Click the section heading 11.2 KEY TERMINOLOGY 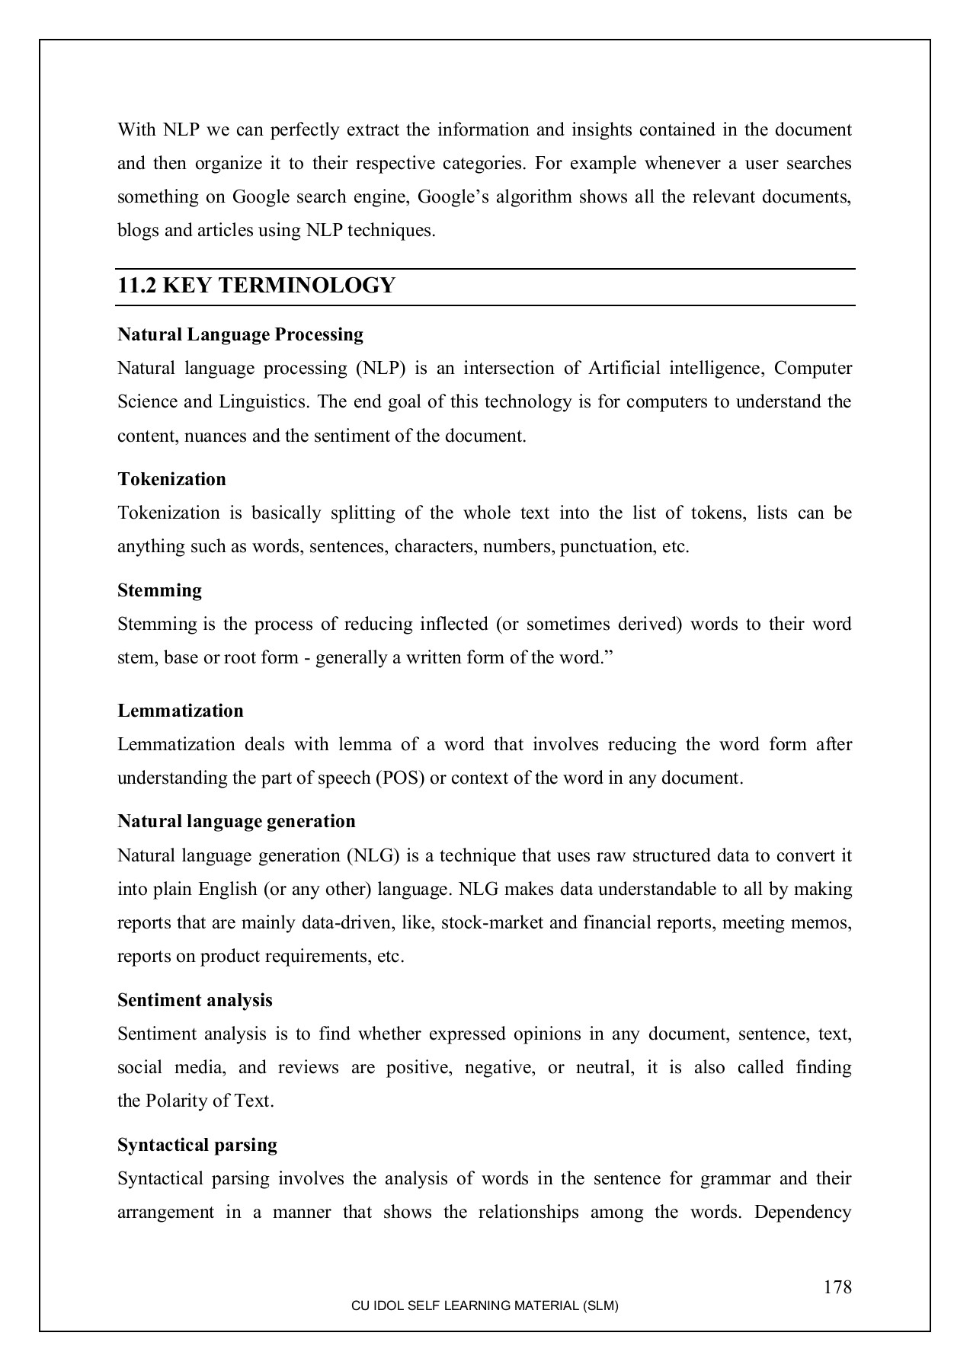click(x=256, y=286)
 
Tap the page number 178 click(x=837, y=1287)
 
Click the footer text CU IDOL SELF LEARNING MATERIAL click(x=485, y=1305)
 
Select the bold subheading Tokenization click(x=171, y=479)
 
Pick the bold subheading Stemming click(x=159, y=590)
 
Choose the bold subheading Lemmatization click(x=181, y=711)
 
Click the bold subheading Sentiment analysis click(x=194, y=1000)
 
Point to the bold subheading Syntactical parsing click(x=197, y=1145)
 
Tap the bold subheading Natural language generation click(x=236, y=821)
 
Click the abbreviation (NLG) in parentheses click(x=373, y=855)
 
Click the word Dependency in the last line click(x=803, y=1212)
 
